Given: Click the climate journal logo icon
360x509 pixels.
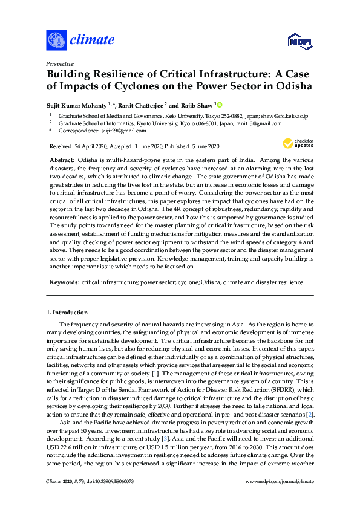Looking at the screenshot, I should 56,41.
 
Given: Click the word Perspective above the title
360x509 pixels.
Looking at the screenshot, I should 60,63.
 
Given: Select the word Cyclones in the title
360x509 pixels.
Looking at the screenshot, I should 115,86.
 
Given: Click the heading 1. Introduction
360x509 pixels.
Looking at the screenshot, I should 67,313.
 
